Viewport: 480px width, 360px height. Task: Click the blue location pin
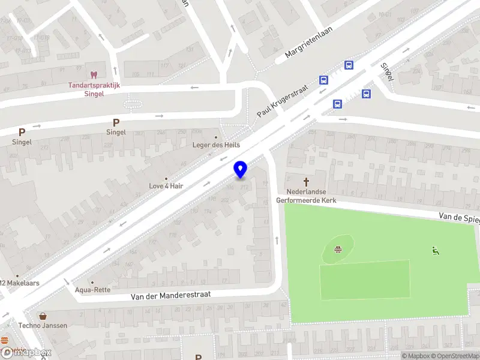pyautogui.click(x=241, y=170)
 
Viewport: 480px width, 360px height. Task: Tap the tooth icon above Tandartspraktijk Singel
pyautogui.click(x=94, y=75)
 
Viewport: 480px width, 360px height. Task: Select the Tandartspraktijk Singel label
pyautogui.click(x=94, y=89)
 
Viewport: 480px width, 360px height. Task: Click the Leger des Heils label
pyautogui.click(x=215, y=145)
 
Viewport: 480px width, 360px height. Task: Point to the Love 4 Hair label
pyautogui.click(x=166, y=186)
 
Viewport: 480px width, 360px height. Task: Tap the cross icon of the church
pyautogui.click(x=306, y=181)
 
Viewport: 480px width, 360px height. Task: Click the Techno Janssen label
pyautogui.click(x=42, y=325)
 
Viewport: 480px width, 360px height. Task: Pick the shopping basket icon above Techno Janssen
pyautogui.click(x=43, y=316)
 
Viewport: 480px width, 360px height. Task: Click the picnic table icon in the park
pyautogui.click(x=338, y=249)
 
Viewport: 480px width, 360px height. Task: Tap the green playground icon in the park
pyautogui.click(x=436, y=251)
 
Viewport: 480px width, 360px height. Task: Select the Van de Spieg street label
pyautogui.click(x=459, y=216)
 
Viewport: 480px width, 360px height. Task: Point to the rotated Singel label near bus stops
pyautogui.click(x=386, y=71)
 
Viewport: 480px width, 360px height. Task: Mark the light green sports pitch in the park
pyautogui.click(x=365, y=280)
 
